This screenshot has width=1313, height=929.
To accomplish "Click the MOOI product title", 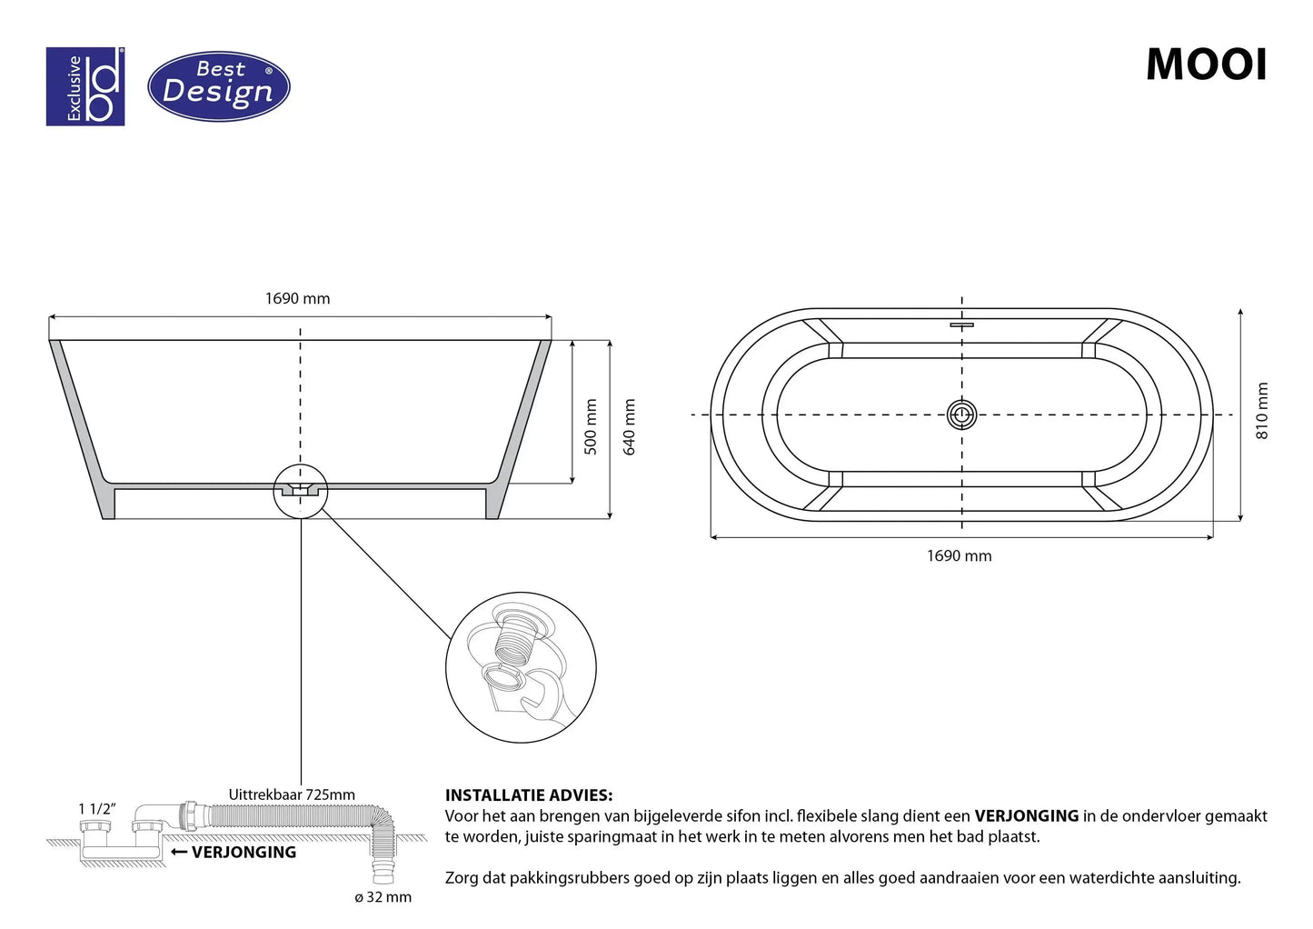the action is pos(1207,65).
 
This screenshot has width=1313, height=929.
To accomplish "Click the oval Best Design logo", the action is pos(219,86).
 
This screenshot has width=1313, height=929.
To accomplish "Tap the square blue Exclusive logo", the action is pos(85,86).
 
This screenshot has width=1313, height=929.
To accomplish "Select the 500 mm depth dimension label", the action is pos(591,426).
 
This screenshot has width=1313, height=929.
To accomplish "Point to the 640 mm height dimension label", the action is pos(629,427).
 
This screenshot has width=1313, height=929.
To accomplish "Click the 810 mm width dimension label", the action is pos(1262,411).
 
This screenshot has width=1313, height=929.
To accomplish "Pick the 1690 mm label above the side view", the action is pos(298,298).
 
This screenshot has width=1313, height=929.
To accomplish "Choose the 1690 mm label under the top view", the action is pos(960,555).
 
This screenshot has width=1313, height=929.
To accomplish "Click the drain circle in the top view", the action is pos(962,415).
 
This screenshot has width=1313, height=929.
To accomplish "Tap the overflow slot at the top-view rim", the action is pos(962,325).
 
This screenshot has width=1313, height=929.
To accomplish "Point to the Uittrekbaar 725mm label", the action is pos(292,794).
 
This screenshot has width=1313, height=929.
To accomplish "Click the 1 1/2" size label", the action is pos(97,809).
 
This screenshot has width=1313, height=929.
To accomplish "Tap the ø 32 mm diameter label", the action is pos(383,897).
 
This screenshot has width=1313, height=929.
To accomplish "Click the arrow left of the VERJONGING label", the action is pos(179,852).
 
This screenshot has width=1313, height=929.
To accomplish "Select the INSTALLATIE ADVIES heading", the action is pos(529,795).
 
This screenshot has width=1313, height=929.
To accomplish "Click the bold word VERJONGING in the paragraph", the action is pos(1027,815).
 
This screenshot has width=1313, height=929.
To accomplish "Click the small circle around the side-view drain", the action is pos(301,492).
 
